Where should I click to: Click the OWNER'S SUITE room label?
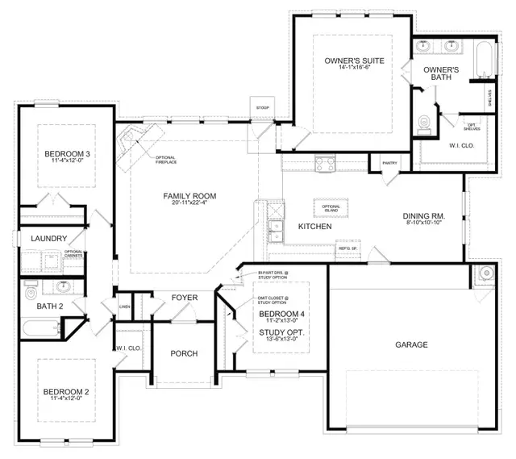click(353, 61)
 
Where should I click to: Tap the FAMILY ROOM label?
click(189, 196)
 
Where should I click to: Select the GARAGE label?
click(411, 344)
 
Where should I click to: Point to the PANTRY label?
click(390, 163)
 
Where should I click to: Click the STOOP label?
click(262, 108)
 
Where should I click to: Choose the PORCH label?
click(184, 353)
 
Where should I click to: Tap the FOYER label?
click(185, 298)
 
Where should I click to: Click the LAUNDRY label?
click(48, 240)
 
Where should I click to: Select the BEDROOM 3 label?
click(67, 154)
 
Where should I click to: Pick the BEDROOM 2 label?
click(67, 393)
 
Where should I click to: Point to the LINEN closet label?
click(125, 307)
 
